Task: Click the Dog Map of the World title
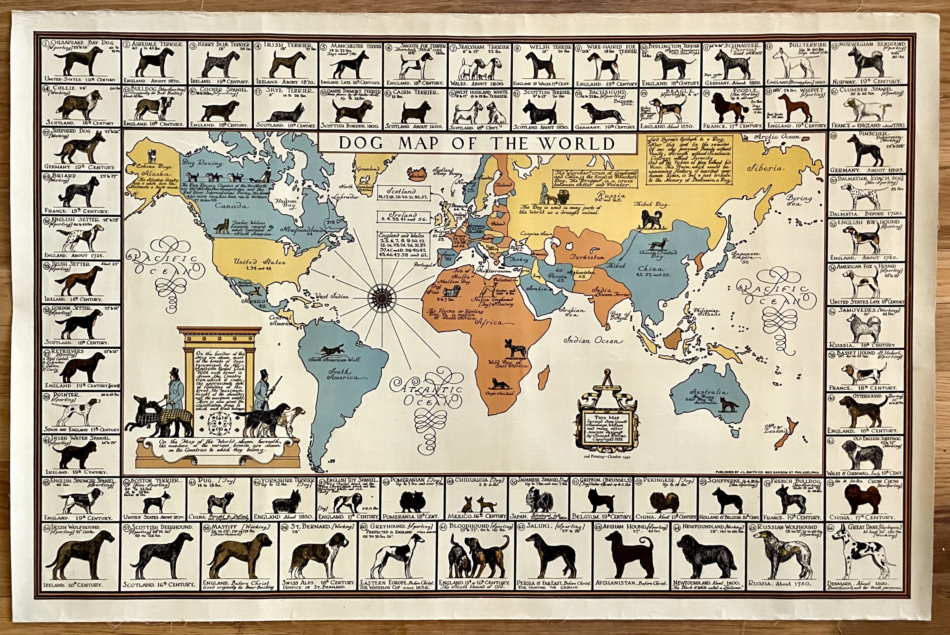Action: click(x=477, y=143)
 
